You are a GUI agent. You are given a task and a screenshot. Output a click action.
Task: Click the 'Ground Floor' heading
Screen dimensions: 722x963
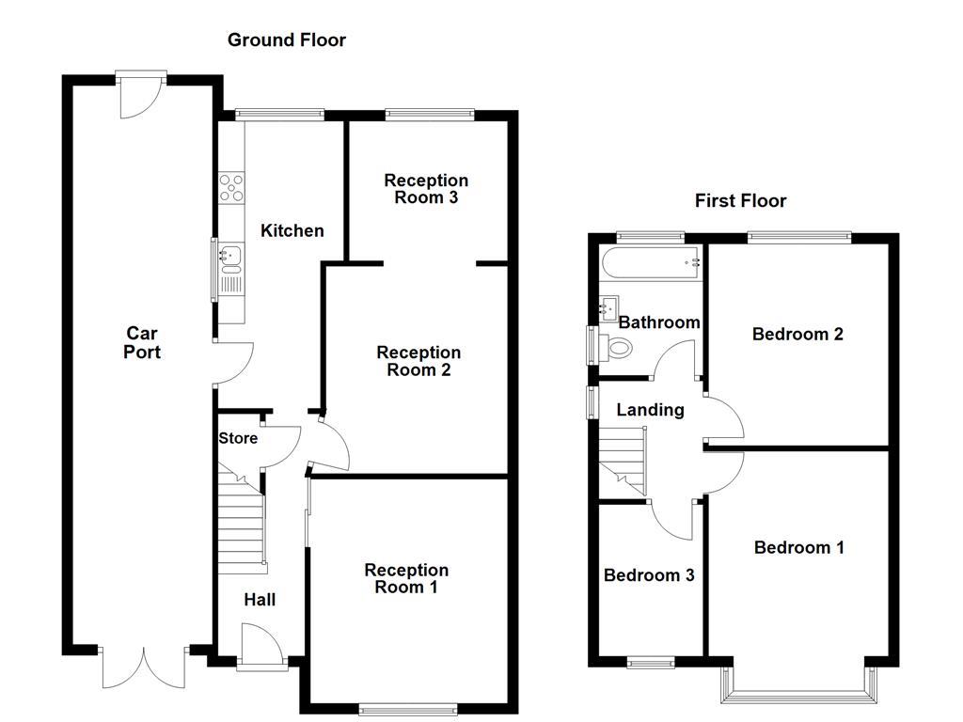pyautogui.click(x=286, y=40)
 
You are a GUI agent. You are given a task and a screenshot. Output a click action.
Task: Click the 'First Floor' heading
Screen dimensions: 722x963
pyautogui.click(x=740, y=200)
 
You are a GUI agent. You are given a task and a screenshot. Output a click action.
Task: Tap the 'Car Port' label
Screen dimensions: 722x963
pyautogui.click(x=142, y=343)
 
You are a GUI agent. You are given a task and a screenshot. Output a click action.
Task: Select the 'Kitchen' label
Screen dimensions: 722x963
pyautogui.click(x=292, y=230)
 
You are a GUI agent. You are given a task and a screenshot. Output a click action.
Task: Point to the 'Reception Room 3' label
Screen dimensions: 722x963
pyautogui.click(x=426, y=189)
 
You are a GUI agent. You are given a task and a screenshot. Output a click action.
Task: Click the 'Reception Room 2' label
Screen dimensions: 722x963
pyautogui.click(x=418, y=361)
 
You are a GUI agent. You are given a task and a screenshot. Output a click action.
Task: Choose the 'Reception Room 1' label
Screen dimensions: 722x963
pyautogui.click(x=406, y=578)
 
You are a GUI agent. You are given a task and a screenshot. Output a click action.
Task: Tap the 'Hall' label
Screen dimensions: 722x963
pyautogui.click(x=260, y=600)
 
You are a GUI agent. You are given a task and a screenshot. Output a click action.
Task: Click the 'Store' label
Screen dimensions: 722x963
pyautogui.click(x=238, y=438)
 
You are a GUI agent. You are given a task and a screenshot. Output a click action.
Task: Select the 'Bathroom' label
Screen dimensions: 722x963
pyautogui.click(x=659, y=322)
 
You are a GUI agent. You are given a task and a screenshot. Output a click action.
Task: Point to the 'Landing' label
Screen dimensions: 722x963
pyautogui.click(x=650, y=410)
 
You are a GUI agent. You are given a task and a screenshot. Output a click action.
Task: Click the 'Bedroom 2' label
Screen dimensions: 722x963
pyautogui.click(x=797, y=334)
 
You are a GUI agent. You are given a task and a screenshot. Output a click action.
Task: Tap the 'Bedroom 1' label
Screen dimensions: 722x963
pyautogui.click(x=798, y=547)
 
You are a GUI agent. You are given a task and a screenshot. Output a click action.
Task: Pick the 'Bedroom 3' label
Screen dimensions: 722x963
pyautogui.click(x=649, y=574)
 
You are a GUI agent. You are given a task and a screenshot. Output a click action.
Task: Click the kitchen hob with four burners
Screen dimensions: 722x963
pyautogui.click(x=231, y=189)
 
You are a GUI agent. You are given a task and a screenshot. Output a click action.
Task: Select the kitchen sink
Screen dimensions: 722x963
pyautogui.click(x=229, y=254)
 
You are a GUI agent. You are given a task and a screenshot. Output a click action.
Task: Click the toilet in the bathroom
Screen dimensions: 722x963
pyautogui.click(x=620, y=348)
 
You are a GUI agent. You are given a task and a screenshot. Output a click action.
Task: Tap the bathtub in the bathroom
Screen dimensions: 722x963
pyautogui.click(x=651, y=260)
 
